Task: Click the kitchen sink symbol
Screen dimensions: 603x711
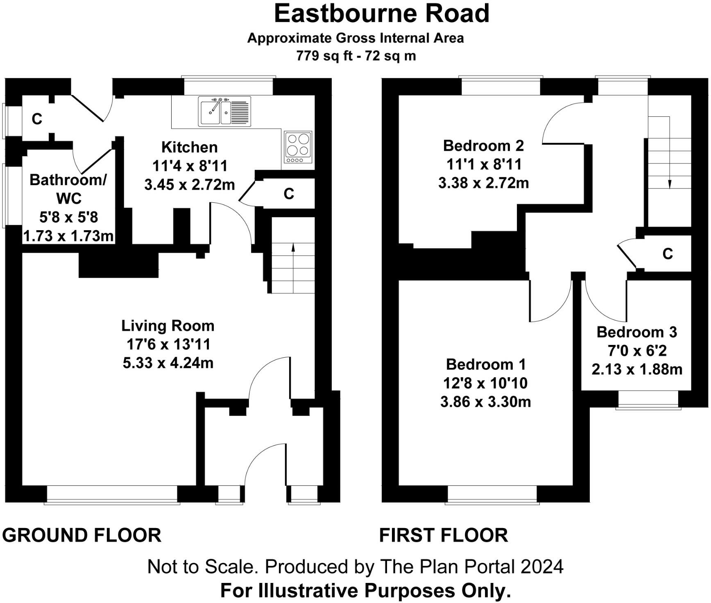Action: click(x=224, y=111)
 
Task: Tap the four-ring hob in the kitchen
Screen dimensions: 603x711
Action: click(x=298, y=147)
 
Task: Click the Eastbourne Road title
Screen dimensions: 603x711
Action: click(x=381, y=14)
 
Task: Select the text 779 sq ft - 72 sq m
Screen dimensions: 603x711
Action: click(x=356, y=55)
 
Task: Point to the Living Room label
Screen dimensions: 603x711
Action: click(x=168, y=326)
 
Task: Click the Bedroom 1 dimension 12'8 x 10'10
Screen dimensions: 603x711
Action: click(x=485, y=383)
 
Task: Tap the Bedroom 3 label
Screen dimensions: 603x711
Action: click(x=636, y=332)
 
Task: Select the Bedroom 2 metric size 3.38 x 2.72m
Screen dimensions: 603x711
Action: click(x=483, y=183)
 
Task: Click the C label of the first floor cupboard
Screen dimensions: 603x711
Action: click(x=668, y=254)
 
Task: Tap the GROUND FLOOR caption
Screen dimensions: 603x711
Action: click(x=82, y=535)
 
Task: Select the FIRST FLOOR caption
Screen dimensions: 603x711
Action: click(x=443, y=535)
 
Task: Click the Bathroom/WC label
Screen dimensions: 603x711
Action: click(x=68, y=189)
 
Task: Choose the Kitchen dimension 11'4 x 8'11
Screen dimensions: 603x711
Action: click(x=189, y=166)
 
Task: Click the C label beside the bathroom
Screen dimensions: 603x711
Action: click(x=37, y=119)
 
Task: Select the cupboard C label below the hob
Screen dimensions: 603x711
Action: click(x=289, y=194)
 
